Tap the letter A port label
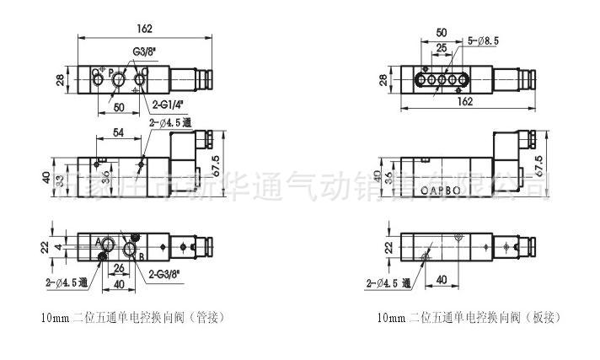pyautogui.click(x=99, y=243)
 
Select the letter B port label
pyautogui.click(x=141, y=256)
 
